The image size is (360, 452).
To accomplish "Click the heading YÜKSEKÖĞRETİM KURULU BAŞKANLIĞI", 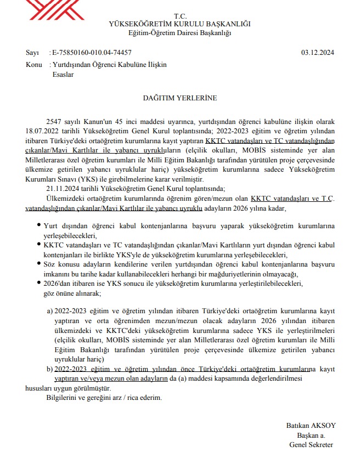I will (179, 24).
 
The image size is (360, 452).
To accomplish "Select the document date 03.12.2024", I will (318, 53).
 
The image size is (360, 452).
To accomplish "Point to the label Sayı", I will (32, 53).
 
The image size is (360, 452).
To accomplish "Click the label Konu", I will (34, 65).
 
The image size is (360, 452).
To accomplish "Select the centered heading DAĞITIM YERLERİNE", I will (180, 98).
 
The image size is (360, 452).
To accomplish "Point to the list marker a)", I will (50, 311).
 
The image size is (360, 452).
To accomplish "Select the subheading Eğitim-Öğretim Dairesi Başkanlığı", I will (179, 33).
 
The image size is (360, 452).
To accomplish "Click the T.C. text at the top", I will (179, 16).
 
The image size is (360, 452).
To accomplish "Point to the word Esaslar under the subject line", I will (63, 75).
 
